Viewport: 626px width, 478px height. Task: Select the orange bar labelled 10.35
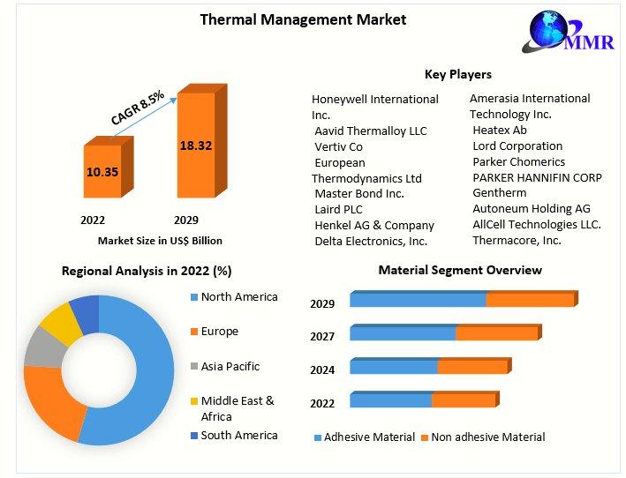pos(102,171)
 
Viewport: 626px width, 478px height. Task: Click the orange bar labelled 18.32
pos(195,145)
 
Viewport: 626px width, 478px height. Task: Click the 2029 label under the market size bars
pos(186,220)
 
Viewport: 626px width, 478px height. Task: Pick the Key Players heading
pos(458,74)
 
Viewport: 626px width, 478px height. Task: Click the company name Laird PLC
pos(338,209)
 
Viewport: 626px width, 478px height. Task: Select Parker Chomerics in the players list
pos(518,161)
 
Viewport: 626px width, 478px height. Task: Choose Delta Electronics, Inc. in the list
pos(371,241)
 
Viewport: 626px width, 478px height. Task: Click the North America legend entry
pos(238,297)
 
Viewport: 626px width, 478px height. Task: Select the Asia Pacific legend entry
pos(230,366)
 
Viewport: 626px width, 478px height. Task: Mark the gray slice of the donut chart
pos(44,347)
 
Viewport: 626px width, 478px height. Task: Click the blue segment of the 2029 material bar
pos(418,300)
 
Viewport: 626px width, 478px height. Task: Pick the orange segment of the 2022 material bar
pos(463,400)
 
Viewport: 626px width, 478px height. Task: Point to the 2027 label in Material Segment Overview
pos(322,337)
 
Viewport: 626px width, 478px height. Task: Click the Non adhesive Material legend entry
pos(487,437)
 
